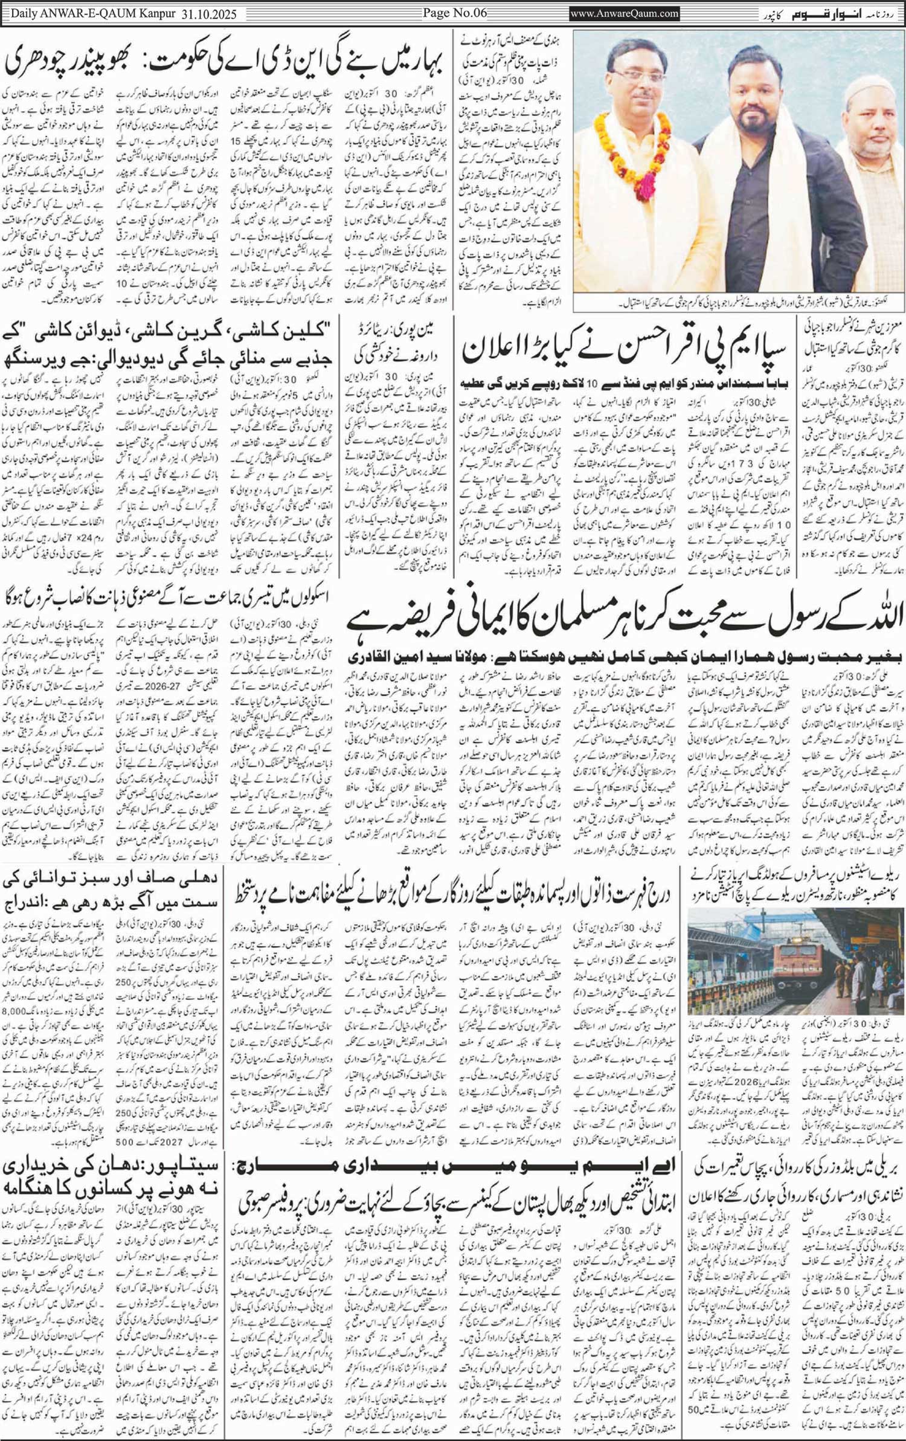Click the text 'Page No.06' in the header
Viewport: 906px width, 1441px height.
[454, 13]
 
